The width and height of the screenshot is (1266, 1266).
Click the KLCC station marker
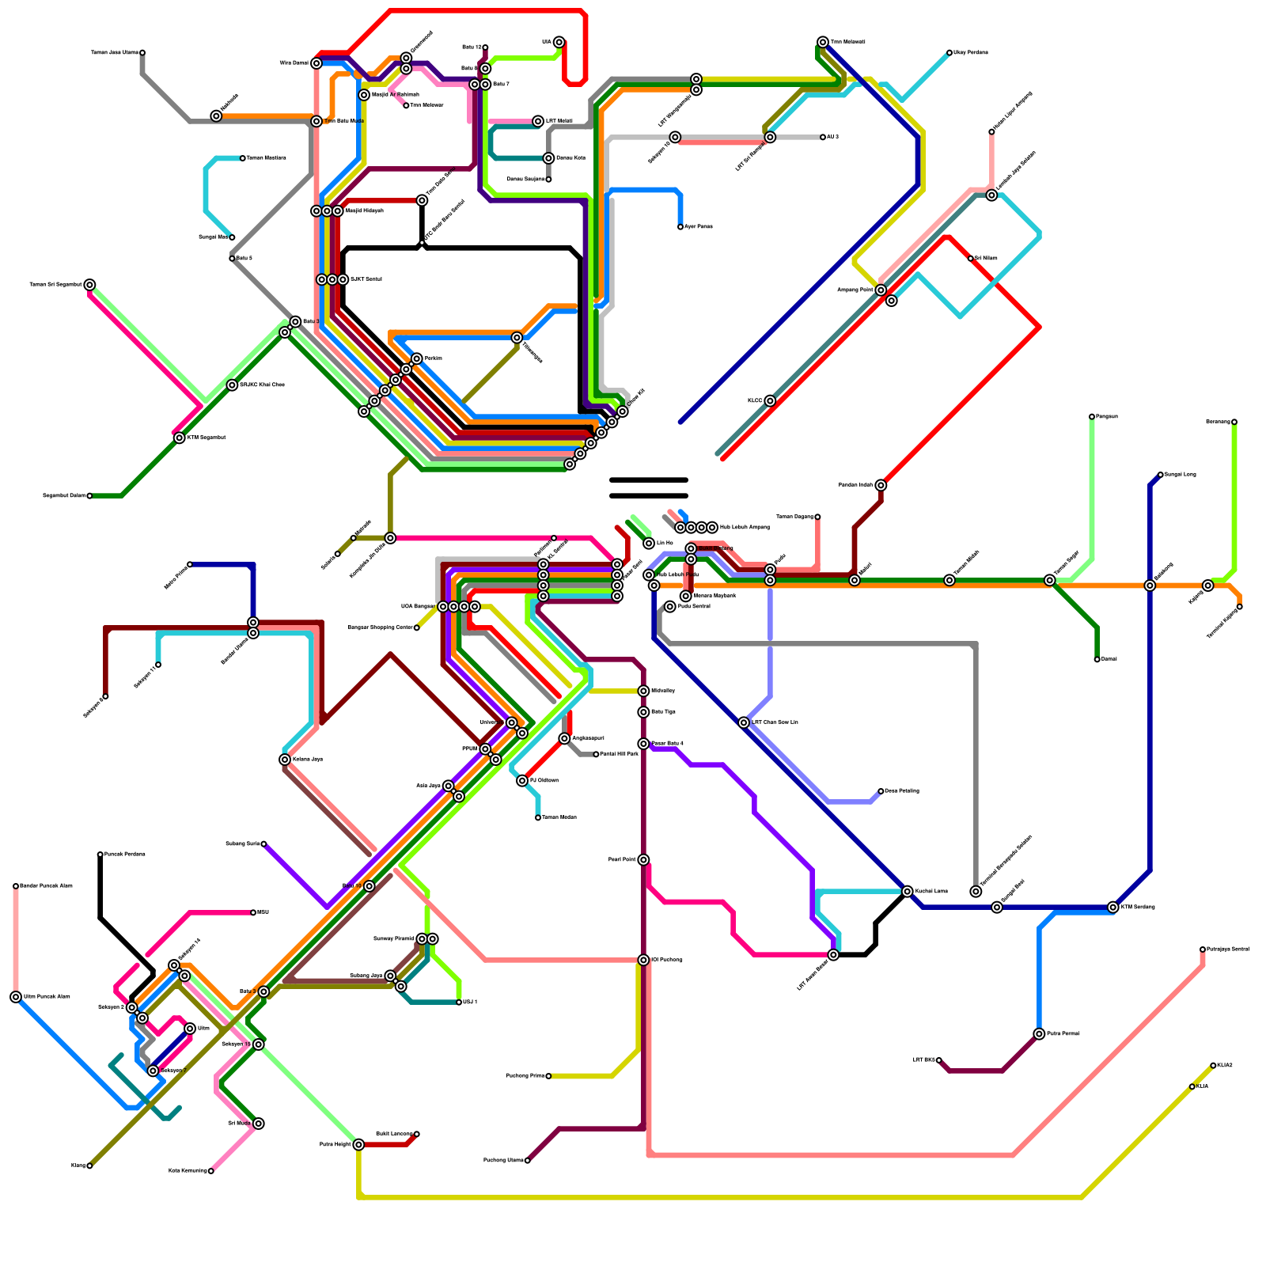pos(770,401)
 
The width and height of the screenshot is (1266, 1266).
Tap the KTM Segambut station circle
pos(180,438)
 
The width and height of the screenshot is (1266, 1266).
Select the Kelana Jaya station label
pos(307,760)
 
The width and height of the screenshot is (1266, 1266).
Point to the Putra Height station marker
pos(358,1144)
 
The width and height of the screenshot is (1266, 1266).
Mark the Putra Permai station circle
pos(1039,1034)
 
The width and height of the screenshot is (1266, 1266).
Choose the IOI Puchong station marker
pos(643,960)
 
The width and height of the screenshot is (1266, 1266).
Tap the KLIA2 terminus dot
pos(1213,1066)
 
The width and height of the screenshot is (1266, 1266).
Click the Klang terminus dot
pos(89,1166)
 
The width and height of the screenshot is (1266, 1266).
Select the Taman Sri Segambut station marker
pos(89,285)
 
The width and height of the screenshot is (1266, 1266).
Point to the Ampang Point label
pos(855,290)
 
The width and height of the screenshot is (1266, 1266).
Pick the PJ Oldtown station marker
pos(522,781)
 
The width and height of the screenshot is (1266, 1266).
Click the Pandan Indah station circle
pos(881,485)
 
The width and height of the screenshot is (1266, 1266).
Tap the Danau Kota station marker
pos(548,158)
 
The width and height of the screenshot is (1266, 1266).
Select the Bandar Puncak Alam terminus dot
pos(16,886)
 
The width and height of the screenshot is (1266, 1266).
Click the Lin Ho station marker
pos(649,544)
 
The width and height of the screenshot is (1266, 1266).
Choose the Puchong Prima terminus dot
pos(548,1076)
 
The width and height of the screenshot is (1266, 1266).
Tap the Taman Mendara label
pos(266,158)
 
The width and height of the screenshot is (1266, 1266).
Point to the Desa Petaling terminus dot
pos(881,791)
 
